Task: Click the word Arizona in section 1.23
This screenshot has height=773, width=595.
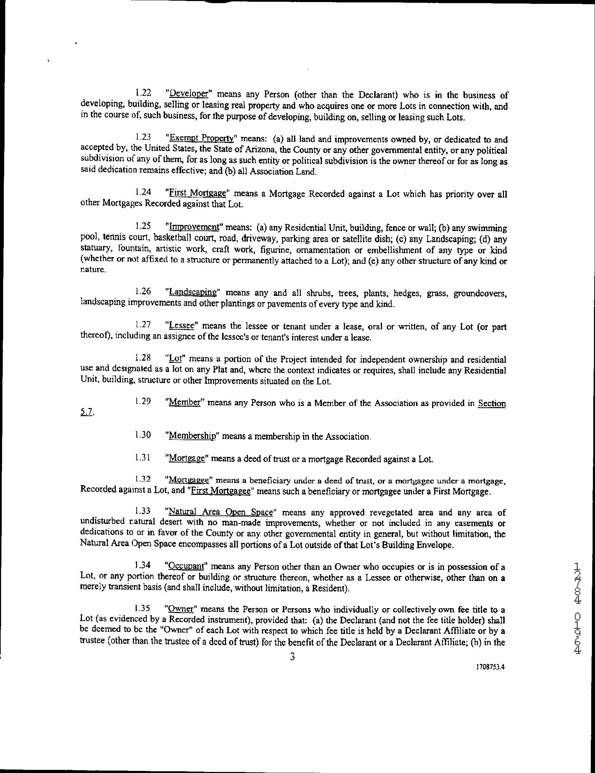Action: [x=260, y=150]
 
